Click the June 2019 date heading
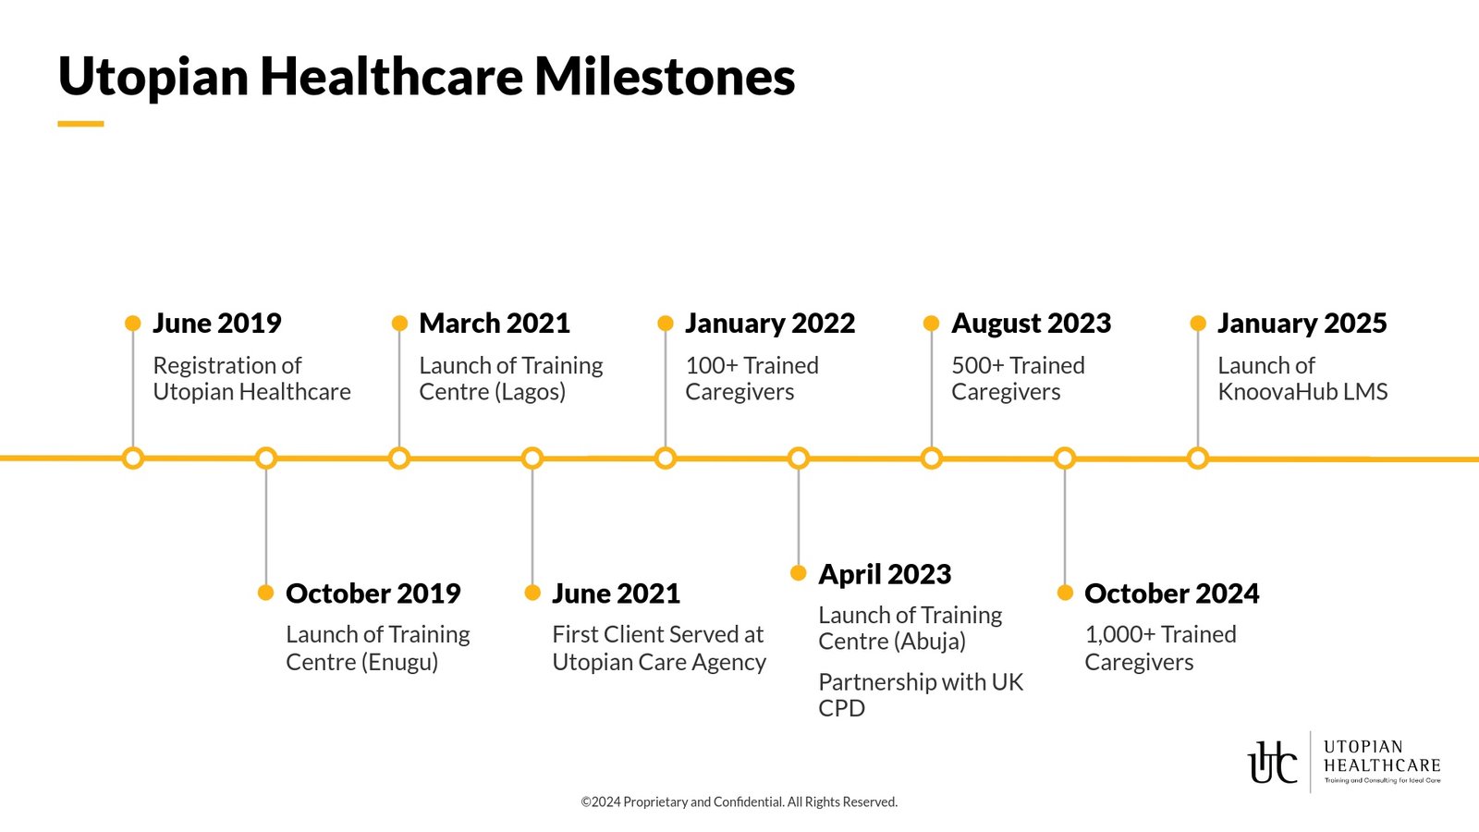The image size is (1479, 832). pyautogui.click(x=216, y=324)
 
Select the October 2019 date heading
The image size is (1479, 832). pyautogui.click(x=373, y=593)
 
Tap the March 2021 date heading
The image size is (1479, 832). pyautogui.click(x=495, y=324)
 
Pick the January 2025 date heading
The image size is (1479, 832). pyautogui.click(x=1302, y=324)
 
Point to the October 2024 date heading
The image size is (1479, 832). pyautogui.click(x=1171, y=593)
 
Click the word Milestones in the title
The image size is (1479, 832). pyautogui.click(x=665, y=77)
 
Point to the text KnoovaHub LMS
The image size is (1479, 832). pyautogui.click(x=1302, y=392)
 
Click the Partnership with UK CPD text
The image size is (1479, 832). pyautogui.click(x=921, y=695)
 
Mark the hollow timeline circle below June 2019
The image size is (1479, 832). pyautogui.click(x=133, y=459)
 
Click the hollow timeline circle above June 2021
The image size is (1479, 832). pyautogui.click(x=532, y=459)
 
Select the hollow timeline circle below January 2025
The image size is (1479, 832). pyautogui.click(x=1198, y=459)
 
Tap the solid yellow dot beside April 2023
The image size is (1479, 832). pyautogui.click(x=799, y=573)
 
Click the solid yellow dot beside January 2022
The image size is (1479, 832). pyautogui.click(x=666, y=324)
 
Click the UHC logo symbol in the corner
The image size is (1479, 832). pyautogui.click(x=1273, y=763)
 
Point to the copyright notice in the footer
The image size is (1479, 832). pyautogui.click(x=739, y=802)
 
